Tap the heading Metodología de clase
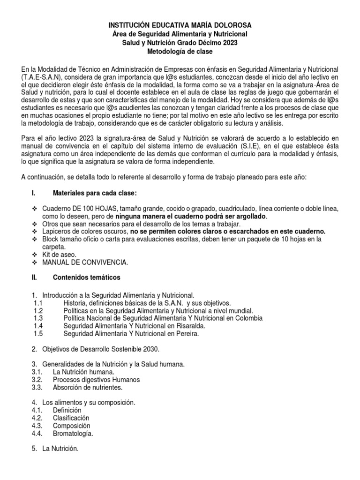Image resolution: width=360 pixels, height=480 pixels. (x=180, y=52)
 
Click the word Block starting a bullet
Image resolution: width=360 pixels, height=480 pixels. (x=50, y=239)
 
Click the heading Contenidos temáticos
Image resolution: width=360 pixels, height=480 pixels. (x=80, y=277)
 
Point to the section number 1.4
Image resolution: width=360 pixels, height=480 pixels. (x=38, y=326)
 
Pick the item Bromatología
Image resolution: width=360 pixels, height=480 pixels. (x=73, y=434)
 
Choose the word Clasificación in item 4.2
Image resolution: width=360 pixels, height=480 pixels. (x=71, y=418)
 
